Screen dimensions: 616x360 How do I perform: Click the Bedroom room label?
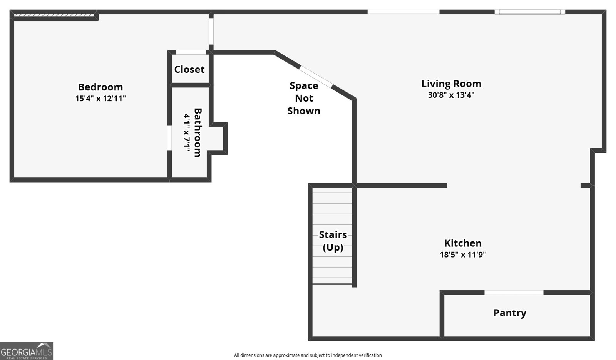[100, 87]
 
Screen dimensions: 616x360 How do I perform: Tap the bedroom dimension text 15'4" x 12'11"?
[100, 99]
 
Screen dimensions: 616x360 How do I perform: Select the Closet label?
[189, 69]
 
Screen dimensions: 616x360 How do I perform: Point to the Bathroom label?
[198, 132]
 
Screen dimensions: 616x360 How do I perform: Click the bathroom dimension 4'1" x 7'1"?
[187, 132]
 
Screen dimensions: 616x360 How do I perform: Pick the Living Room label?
[451, 84]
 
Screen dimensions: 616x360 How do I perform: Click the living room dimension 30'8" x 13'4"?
[451, 95]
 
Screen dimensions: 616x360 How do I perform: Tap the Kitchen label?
[463, 243]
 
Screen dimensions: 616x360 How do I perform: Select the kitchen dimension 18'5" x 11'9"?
[463, 255]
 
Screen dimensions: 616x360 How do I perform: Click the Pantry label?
[510, 313]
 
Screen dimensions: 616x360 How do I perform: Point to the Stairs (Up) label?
[333, 241]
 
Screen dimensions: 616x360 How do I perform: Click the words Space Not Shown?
[304, 98]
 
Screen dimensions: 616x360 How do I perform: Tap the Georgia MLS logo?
[27, 351]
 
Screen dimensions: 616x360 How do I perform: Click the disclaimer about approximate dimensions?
[308, 355]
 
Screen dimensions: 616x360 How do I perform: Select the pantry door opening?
[514, 292]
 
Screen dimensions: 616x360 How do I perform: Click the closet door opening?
[191, 52]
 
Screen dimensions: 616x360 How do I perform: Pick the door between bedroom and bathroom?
[169, 138]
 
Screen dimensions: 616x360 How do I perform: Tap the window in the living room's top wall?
[530, 12]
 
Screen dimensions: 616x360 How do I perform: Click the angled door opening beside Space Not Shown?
[316, 77]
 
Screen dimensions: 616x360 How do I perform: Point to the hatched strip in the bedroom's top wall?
[54, 15]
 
